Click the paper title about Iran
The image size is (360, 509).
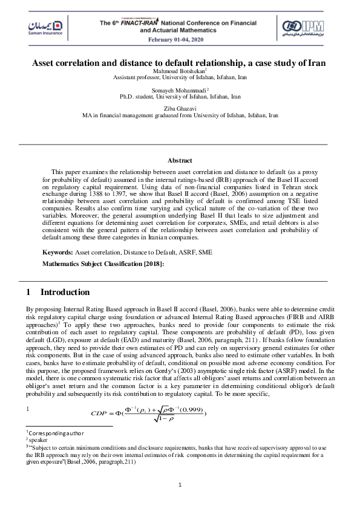point(180,63)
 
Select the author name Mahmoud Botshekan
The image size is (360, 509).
point(178,71)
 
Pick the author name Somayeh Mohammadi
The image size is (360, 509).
point(178,89)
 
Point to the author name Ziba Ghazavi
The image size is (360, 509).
point(180,108)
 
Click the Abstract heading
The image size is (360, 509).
point(180,160)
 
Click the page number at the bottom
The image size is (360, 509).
point(180,485)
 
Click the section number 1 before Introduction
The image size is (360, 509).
point(28,292)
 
